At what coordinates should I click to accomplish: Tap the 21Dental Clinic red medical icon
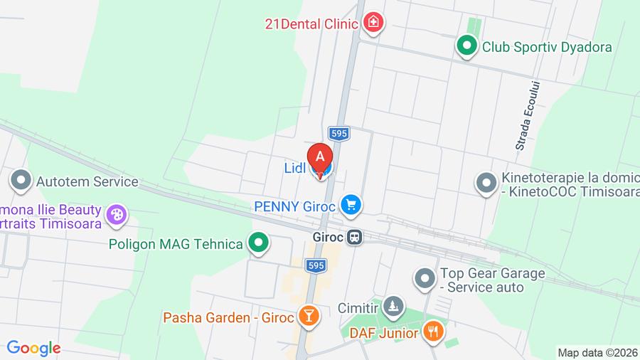[x=373, y=23]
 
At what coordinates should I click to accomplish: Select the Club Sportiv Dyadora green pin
[x=466, y=47]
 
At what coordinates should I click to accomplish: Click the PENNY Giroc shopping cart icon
[x=350, y=206]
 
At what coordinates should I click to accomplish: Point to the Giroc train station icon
[x=355, y=238]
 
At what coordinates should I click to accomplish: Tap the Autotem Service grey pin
[x=21, y=181]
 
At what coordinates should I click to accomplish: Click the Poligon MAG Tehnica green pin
[x=258, y=244]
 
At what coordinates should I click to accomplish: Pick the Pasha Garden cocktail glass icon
[x=308, y=317]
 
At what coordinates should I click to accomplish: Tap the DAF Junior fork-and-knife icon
[x=433, y=331]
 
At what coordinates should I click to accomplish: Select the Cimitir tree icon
[x=392, y=307]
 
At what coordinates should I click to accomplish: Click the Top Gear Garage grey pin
[x=425, y=279]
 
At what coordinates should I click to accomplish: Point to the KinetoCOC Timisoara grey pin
[x=486, y=184]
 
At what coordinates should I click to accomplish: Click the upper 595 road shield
[x=339, y=133]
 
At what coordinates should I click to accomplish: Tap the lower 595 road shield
[x=316, y=265]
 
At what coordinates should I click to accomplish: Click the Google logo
[x=33, y=349]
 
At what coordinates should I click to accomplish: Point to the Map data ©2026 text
[x=597, y=353]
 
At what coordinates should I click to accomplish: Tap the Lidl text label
[x=294, y=168]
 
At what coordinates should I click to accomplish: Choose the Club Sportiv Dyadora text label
[x=547, y=47]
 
